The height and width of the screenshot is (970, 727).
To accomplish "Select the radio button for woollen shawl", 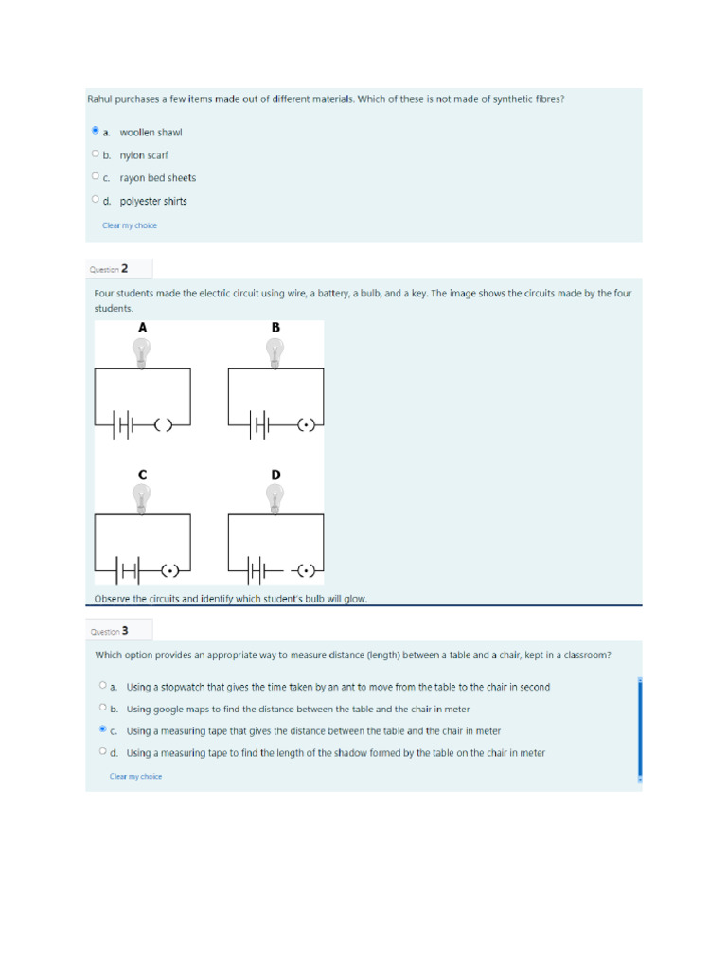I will coord(96,131).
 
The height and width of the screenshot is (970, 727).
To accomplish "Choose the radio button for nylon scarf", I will coord(96,153).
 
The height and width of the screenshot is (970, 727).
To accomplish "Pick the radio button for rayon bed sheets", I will coord(96,176).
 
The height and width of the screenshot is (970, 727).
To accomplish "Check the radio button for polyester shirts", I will coord(96,199).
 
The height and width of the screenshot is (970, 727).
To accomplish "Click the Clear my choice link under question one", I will coord(130,225).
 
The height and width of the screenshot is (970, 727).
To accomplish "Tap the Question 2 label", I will coord(109,269).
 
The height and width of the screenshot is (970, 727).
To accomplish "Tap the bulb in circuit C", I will coord(142,497).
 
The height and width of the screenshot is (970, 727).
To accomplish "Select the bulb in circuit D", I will coord(275,497).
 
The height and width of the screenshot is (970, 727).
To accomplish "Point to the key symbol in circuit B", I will coord(305,425).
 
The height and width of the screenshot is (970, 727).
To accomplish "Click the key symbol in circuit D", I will coord(305,570).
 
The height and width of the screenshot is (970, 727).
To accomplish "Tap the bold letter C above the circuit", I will coord(142,473).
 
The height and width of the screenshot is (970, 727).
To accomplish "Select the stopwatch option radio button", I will coord(102,685).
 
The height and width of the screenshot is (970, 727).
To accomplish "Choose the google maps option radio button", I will coord(102,708).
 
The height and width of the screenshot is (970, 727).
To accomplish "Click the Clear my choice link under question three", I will coord(135,776).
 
